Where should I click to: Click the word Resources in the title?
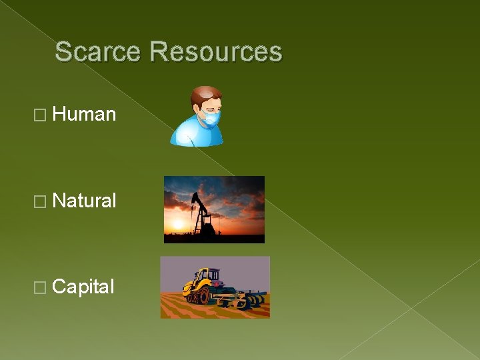tap(216, 52)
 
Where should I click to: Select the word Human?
tap(84, 115)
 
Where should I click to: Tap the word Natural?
tap(84, 201)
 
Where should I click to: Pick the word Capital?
tap(83, 287)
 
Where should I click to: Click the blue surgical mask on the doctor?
tap(211, 120)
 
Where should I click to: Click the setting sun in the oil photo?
tap(178, 223)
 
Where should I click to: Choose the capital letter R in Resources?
tap(159, 52)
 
